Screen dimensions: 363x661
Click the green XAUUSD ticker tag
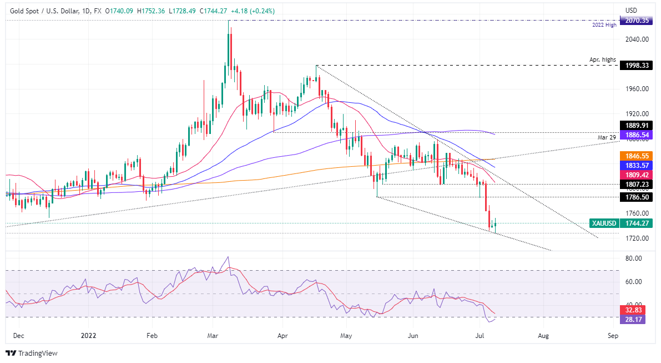(x=603, y=223)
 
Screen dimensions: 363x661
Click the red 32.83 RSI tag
(x=634, y=311)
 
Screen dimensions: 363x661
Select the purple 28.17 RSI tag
(x=634, y=320)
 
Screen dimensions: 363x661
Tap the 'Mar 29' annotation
(x=607, y=137)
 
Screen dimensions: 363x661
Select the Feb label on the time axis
(x=150, y=336)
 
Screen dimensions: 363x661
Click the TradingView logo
(x=32, y=353)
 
